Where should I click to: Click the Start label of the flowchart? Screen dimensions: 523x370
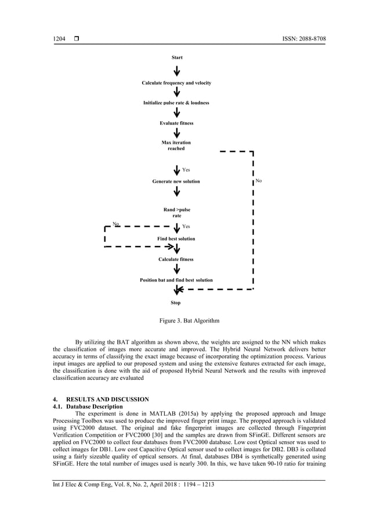click(177, 58)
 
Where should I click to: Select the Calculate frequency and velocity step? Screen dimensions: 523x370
click(176, 83)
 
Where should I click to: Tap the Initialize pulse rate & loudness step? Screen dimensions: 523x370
click(176, 103)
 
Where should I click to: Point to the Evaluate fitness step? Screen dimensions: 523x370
click(176, 123)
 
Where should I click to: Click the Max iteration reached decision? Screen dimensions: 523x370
click(176, 146)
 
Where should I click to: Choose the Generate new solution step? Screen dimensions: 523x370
click(176, 181)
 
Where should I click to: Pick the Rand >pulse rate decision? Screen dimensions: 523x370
click(176, 212)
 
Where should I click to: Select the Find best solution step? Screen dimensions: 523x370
click(176, 239)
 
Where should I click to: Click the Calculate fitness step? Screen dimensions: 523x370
click(176, 259)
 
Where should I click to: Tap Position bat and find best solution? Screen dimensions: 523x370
click(176, 280)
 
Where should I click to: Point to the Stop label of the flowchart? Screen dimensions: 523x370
click(176, 303)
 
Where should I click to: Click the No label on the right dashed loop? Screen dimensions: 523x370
click(259, 181)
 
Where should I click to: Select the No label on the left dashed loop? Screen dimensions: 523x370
click(115, 223)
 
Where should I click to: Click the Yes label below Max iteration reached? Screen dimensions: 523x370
click(186, 170)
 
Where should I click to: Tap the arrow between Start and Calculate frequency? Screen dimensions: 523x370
click(177, 71)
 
